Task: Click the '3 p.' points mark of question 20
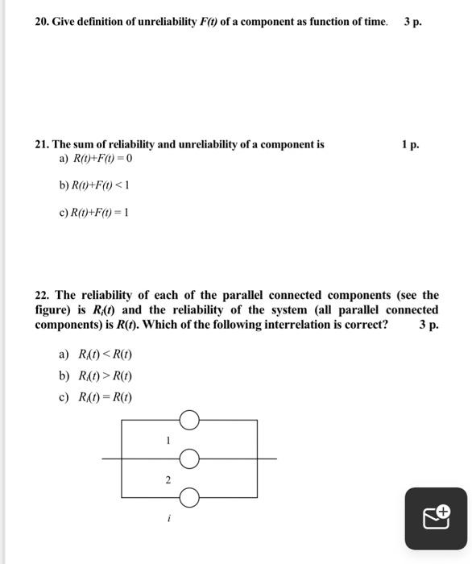(x=412, y=21)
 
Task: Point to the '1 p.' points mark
(x=410, y=145)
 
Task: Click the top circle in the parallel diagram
(x=189, y=420)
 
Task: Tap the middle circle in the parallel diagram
(x=189, y=458)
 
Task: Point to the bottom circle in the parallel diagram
(x=189, y=498)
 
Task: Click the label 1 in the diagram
(x=168, y=440)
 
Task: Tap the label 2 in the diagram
(x=168, y=479)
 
